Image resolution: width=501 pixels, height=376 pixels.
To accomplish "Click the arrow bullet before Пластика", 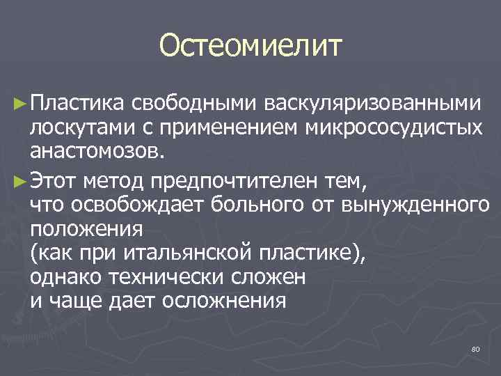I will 20,104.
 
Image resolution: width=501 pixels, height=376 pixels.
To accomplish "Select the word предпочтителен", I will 225,182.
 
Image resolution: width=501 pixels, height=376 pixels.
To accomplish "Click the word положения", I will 86,229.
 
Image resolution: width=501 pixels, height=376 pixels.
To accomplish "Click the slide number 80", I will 476,347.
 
